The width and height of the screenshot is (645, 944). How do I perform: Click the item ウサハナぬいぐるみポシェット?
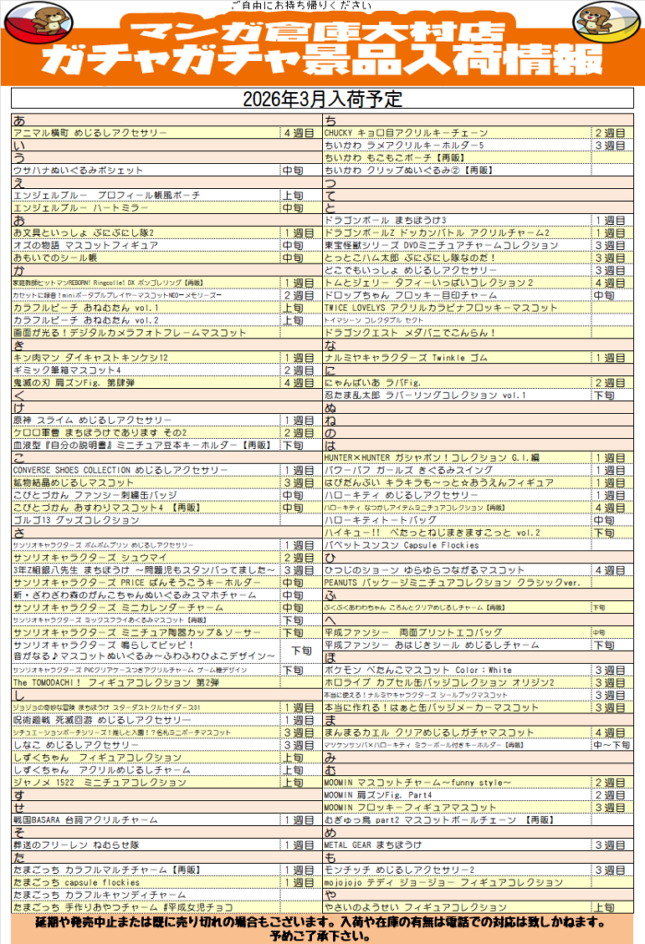pyautogui.click(x=78, y=171)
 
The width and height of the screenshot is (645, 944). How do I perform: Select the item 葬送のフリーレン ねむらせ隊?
pyautogui.click(x=75, y=844)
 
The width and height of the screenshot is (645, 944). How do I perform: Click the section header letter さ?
pyautogui.click(x=18, y=533)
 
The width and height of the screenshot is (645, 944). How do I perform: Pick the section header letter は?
pyautogui.click(x=329, y=445)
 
